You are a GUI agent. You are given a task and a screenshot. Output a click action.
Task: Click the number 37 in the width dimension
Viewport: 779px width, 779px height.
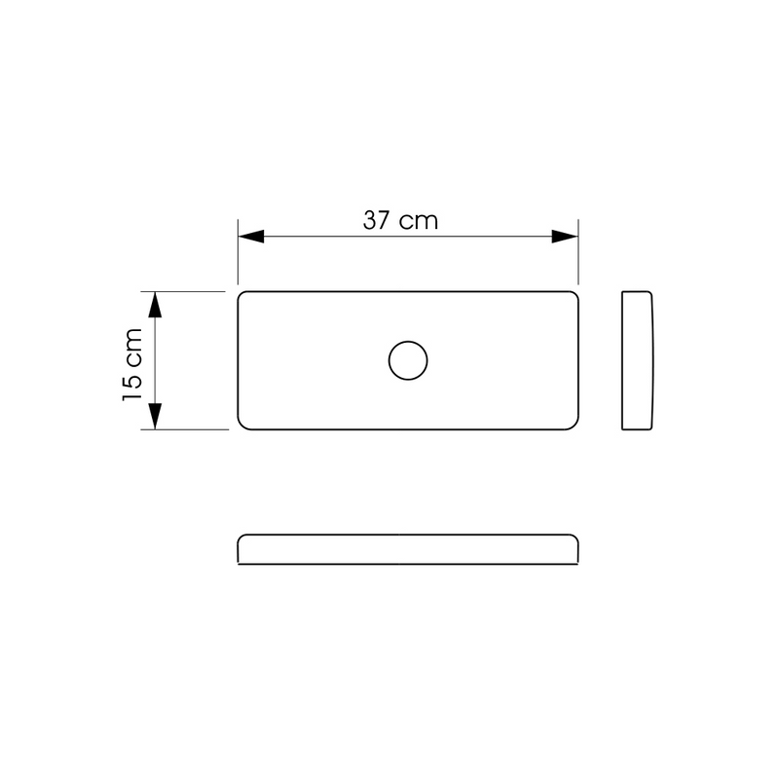pyautogui.click(x=377, y=221)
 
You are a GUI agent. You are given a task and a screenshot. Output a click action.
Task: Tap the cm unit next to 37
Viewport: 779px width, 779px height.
pyautogui.click(x=420, y=223)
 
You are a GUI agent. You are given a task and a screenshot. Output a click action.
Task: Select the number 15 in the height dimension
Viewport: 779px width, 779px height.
pyautogui.click(x=132, y=385)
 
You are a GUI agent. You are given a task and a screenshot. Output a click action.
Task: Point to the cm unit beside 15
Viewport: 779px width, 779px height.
pyautogui.click(x=134, y=347)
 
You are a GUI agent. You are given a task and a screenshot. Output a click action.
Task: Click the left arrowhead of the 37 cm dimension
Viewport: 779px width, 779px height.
pyautogui.click(x=251, y=237)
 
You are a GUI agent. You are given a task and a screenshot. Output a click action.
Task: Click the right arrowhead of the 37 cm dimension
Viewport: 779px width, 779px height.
pyautogui.click(x=565, y=237)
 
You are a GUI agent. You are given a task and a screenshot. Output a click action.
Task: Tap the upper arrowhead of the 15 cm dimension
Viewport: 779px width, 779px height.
pyautogui.click(x=155, y=305)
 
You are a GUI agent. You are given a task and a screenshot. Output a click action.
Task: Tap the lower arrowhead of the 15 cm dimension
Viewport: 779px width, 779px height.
pyautogui.click(x=155, y=417)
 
